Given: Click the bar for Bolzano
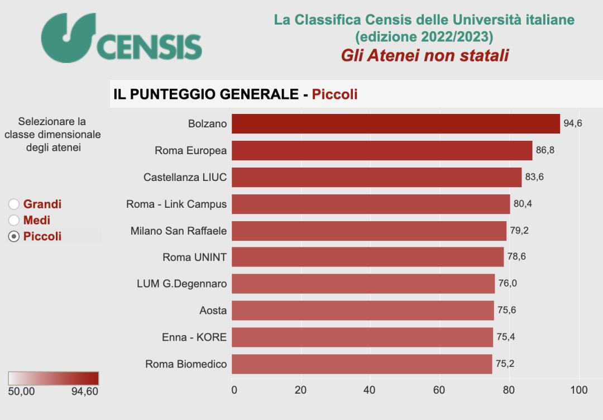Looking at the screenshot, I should click(x=395, y=123).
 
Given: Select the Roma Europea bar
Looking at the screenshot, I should click(x=382, y=150).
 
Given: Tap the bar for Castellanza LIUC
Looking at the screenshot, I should click(x=376, y=177).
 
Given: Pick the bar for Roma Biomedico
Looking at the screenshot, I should click(x=362, y=364).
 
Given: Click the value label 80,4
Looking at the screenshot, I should click(x=523, y=204).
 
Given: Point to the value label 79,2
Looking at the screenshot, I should click(x=519, y=230).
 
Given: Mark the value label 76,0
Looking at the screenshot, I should click(x=508, y=284).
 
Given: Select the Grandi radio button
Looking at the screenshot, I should click(x=14, y=204).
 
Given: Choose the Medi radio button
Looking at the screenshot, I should click(x=14, y=221).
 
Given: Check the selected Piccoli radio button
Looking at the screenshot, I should click(x=14, y=237).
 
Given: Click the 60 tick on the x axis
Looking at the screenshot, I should click(x=439, y=390).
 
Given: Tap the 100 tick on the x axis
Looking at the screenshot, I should click(x=579, y=390).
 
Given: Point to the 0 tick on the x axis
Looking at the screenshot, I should click(x=234, y=390).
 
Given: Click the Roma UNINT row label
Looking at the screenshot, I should click(x=194, y=257).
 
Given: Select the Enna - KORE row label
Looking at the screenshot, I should click(x=194, y=337).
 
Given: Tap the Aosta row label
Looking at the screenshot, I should click(x=213, y=311).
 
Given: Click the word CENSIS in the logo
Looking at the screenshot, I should click(x=150, y=47).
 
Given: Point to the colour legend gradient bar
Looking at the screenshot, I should click(x=54, y=378).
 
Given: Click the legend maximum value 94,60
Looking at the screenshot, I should click(x=85, y=392).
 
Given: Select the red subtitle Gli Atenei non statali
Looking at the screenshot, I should click(x=424, y=55).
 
